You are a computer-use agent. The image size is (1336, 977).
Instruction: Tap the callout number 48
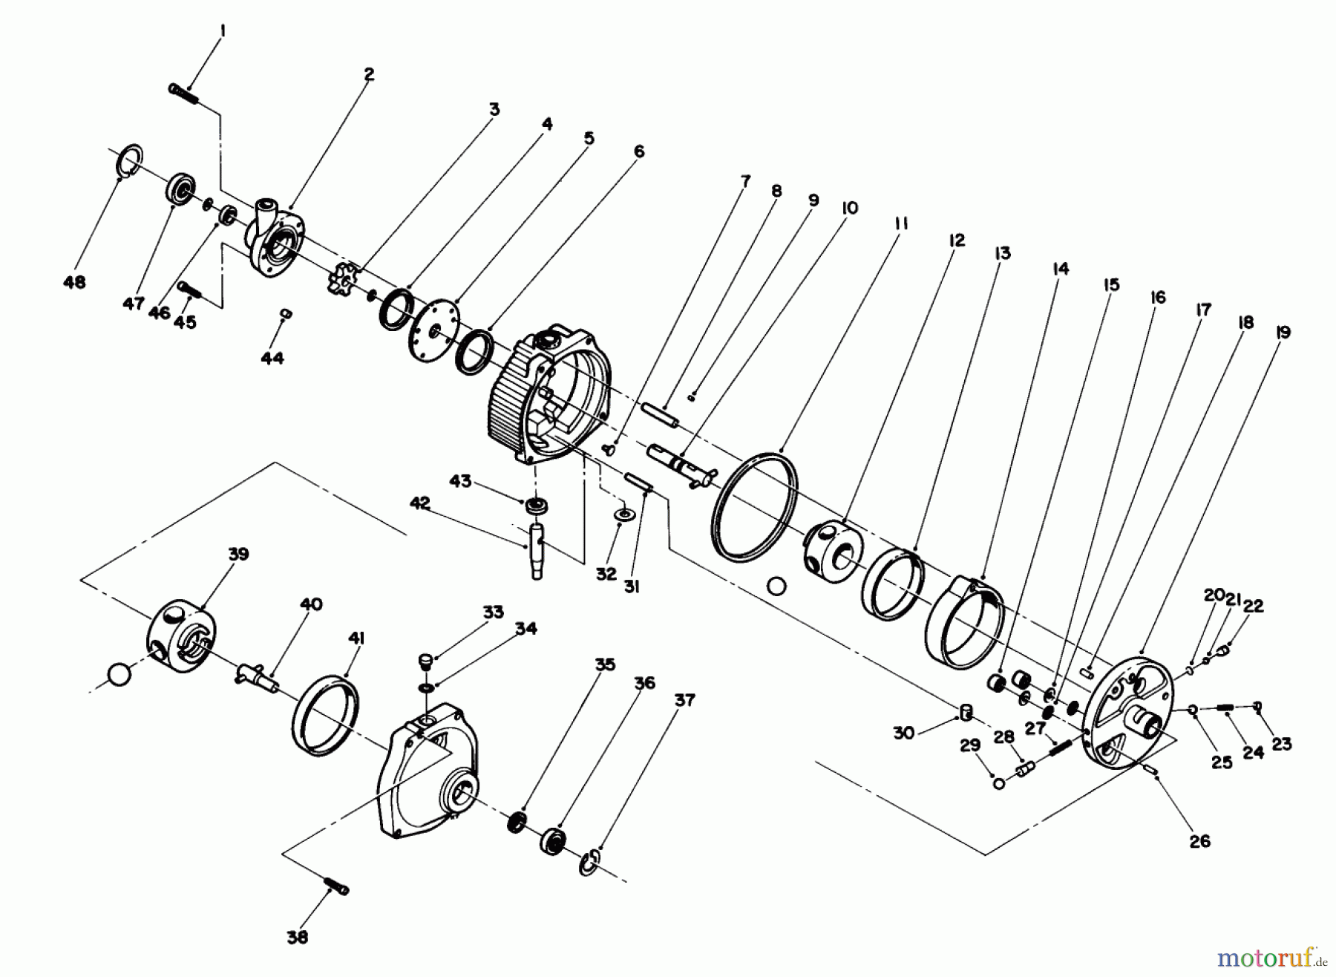point(74,283)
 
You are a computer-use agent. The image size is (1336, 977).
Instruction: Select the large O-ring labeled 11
point(755,504)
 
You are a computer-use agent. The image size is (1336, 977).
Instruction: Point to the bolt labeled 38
point(336,886)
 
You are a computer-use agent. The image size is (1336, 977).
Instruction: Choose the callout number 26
point(1200,841)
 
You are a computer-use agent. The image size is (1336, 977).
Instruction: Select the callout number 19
point(1283,333)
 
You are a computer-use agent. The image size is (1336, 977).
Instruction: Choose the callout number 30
point(903,733)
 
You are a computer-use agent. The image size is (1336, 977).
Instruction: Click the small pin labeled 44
point(285,315)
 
